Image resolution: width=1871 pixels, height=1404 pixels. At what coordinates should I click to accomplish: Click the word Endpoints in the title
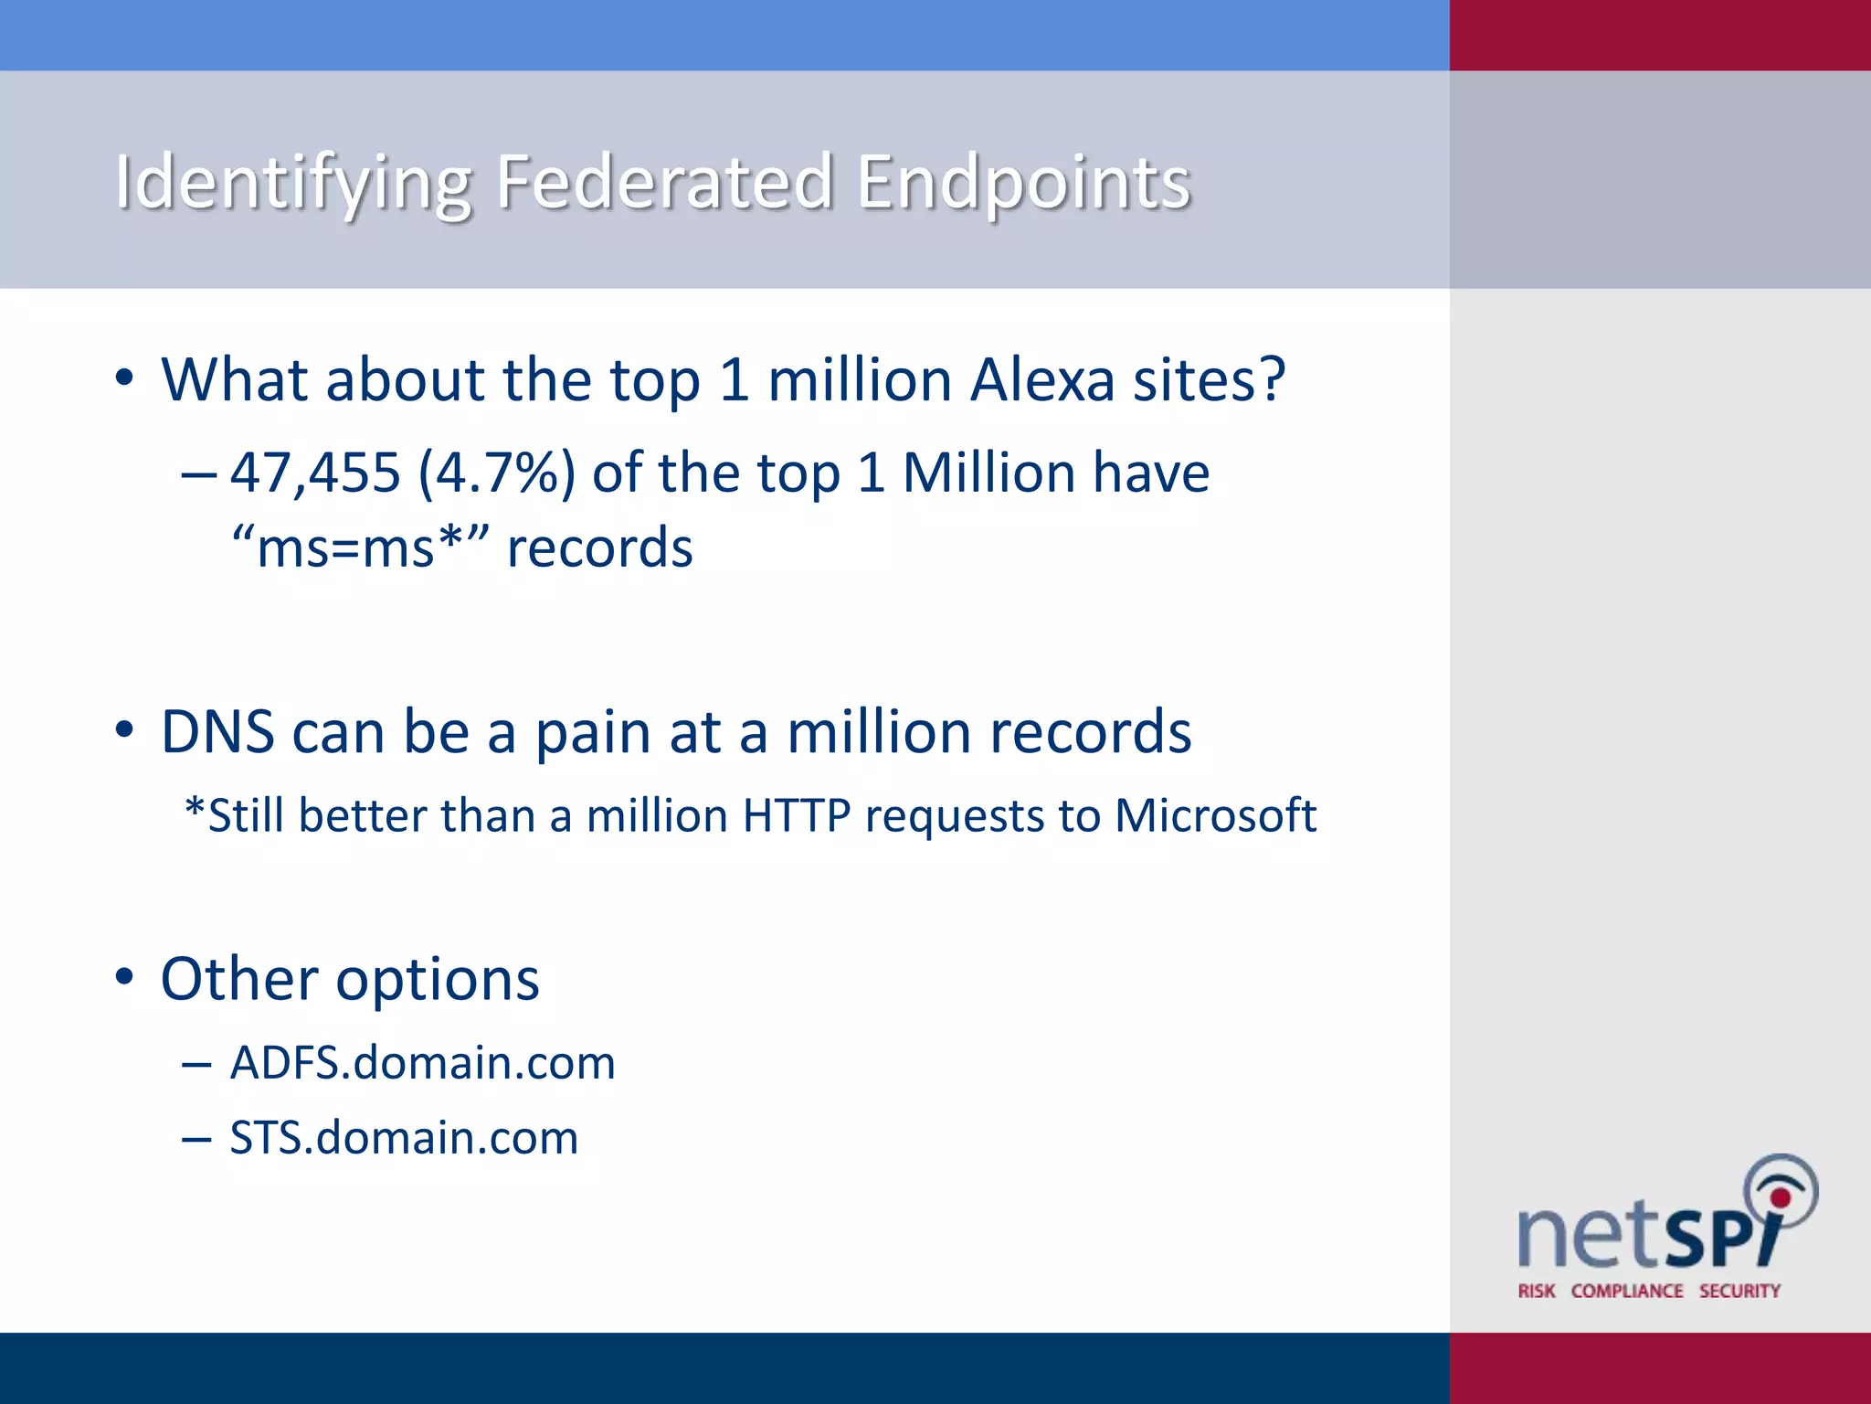1024,182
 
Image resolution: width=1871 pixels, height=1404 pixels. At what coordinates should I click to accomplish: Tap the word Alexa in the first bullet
1042,379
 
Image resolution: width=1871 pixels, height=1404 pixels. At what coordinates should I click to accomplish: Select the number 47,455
315,473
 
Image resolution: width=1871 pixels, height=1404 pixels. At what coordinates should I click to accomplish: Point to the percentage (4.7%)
497,473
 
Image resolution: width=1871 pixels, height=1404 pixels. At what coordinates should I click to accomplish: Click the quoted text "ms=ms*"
361,548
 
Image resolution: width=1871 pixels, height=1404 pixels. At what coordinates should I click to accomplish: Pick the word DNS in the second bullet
217,732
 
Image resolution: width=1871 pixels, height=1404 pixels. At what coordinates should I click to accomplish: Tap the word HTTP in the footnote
797,815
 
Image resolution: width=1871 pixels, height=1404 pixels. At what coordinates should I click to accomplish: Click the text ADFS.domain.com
422,1063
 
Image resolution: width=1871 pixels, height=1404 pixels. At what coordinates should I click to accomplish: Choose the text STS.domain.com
404,1138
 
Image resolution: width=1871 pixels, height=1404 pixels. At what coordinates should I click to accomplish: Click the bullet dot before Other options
124,977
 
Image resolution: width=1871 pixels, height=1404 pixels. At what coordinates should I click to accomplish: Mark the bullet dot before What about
124,378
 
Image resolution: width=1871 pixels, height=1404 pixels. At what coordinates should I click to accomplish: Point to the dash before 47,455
198,474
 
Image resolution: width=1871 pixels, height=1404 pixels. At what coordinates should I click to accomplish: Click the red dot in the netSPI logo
1780,1197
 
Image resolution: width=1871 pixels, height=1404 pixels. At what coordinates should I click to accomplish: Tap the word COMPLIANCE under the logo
1627,1291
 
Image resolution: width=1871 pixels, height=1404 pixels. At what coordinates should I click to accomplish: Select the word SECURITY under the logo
1739,1291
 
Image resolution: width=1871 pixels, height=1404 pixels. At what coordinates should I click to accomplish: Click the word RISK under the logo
1537,1291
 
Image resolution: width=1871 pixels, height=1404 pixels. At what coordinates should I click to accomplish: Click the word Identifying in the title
293,182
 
